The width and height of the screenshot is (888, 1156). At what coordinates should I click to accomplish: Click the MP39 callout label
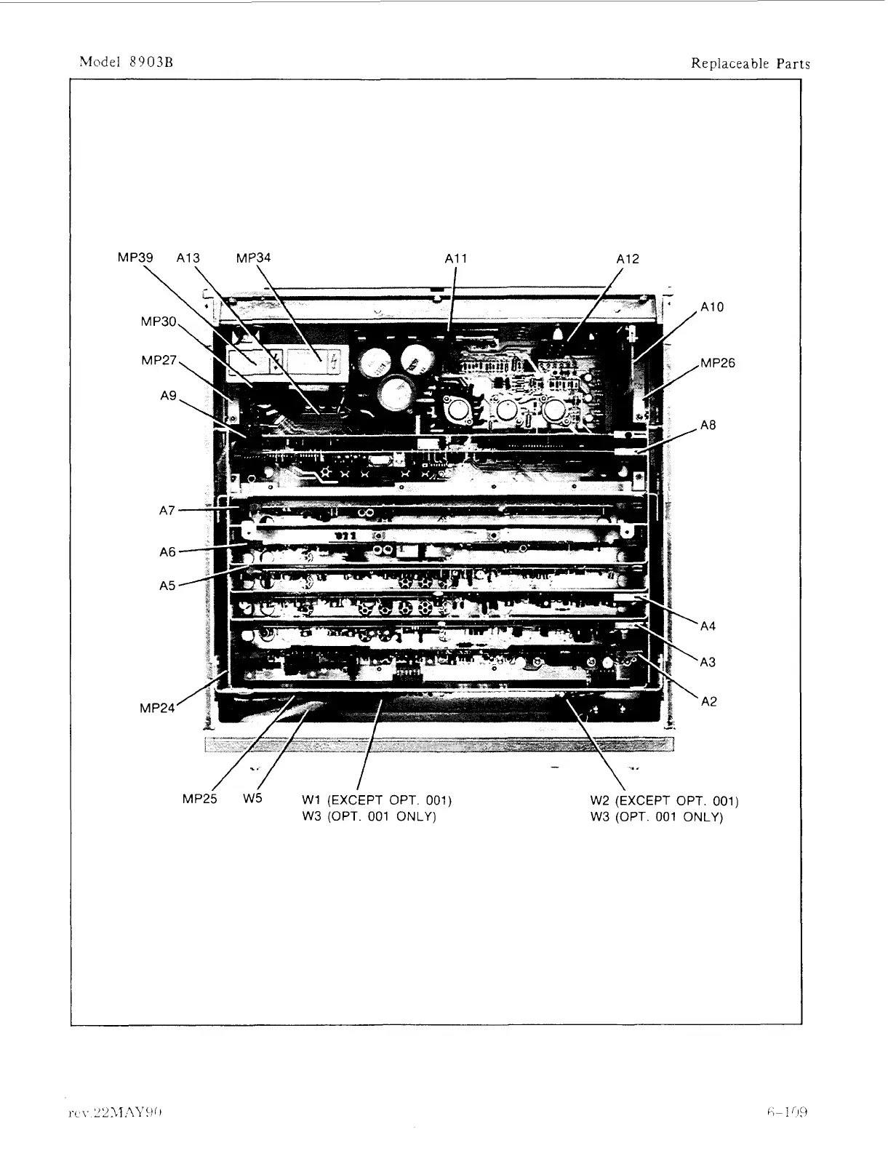pos(135,258)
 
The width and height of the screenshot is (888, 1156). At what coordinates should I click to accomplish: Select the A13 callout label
pos(188,258)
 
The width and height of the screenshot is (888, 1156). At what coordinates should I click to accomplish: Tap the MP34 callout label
pos(254,258)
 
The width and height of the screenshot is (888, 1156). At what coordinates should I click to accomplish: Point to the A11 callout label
pos(457,258)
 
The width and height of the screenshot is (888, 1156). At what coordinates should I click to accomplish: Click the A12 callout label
pos(628,258)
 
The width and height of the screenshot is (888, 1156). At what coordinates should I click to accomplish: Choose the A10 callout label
pos(712,307)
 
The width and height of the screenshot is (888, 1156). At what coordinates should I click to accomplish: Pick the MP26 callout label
pos(718,363)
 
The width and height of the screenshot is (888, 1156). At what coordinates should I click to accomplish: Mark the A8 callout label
pos(708,425)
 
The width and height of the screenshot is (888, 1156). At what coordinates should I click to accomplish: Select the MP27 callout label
pos(159,360)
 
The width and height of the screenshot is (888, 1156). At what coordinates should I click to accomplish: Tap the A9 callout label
pos(168,396)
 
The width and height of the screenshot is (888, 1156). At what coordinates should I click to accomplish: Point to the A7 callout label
pos(167,511)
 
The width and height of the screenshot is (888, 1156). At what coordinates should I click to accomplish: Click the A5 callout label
pos(167,585)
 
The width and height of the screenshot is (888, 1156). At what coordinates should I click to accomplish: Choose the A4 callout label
pos(708,626)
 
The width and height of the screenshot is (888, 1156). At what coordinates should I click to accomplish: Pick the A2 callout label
pos(708,701)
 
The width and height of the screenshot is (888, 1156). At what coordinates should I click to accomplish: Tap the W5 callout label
pos(252,798)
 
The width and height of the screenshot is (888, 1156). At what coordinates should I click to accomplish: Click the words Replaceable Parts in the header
pos(750,63)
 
